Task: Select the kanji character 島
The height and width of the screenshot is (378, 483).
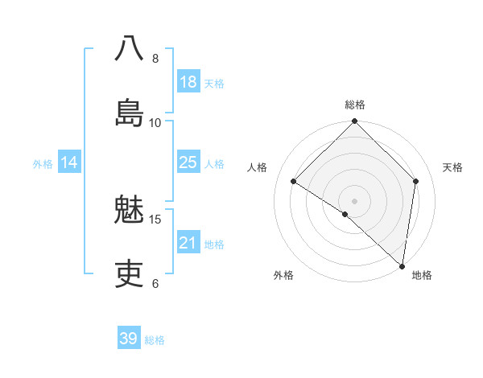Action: (129, 112)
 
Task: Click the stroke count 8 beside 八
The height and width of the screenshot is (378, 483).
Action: (155, 59)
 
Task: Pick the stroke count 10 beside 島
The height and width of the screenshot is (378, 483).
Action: (155, 122)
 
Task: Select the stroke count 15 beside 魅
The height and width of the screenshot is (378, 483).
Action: (156, 219)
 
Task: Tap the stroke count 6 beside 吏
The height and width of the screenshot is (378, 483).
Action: (155, 283)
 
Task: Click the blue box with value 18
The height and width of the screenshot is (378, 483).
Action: (188, 82)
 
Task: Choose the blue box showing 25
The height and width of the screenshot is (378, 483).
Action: (188, 162)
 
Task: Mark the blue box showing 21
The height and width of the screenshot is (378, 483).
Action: (188, 243)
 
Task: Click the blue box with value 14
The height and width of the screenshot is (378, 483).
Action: (69, 162)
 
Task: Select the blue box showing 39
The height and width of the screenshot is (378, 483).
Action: (129, 339)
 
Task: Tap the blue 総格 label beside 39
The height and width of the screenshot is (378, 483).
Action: (155, 340)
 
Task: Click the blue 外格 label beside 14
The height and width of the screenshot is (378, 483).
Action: (43, 164)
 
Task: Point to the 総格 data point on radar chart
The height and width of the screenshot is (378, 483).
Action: (355, 122)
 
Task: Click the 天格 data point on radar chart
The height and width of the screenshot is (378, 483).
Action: (416, 181)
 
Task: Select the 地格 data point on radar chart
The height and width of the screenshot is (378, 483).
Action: (402, 265)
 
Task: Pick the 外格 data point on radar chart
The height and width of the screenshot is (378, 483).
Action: (345, 214)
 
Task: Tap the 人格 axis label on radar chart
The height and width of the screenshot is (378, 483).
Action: (258, 167)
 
